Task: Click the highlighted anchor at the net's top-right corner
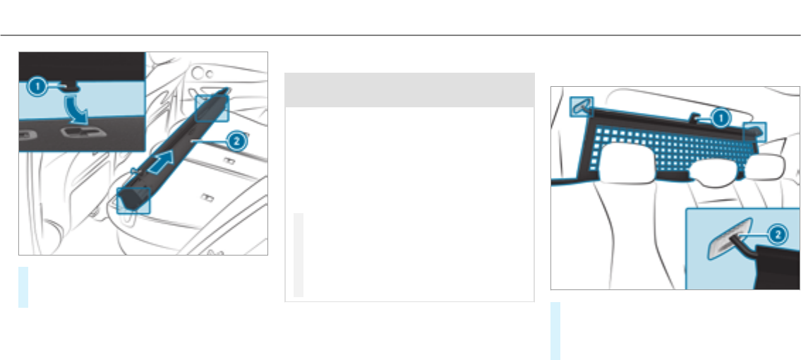[754, 131]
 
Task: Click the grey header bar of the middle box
[409, 90]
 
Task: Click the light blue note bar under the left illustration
[23, 287]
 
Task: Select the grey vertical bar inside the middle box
[299, 254]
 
